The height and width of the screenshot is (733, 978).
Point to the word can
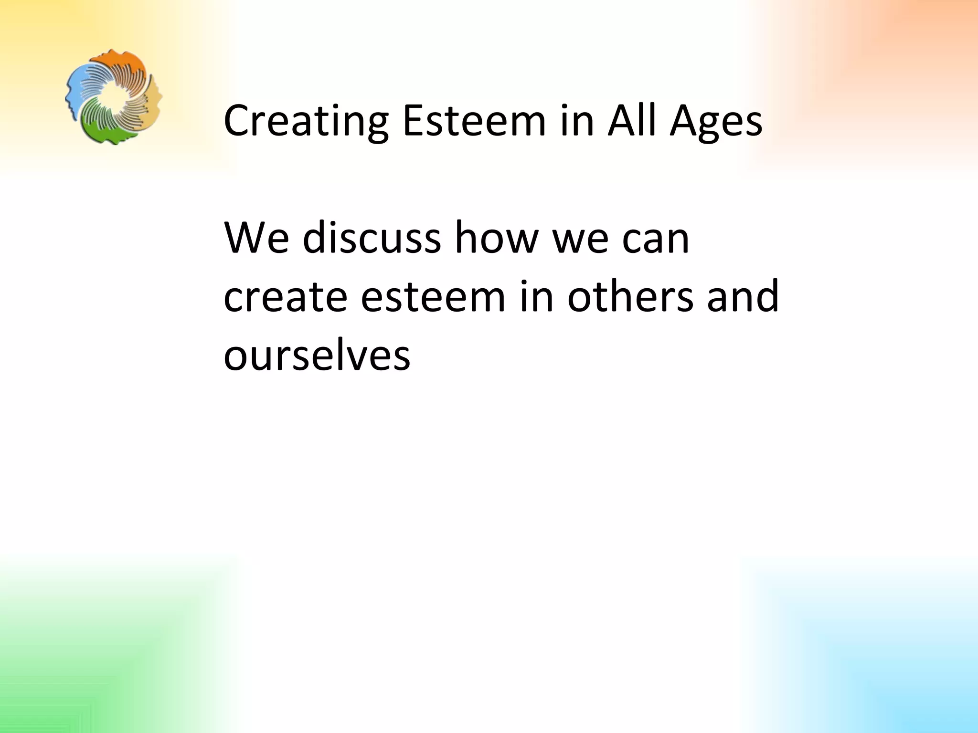(x=656, y=239)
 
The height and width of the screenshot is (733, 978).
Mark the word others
(x=630, y=296)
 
